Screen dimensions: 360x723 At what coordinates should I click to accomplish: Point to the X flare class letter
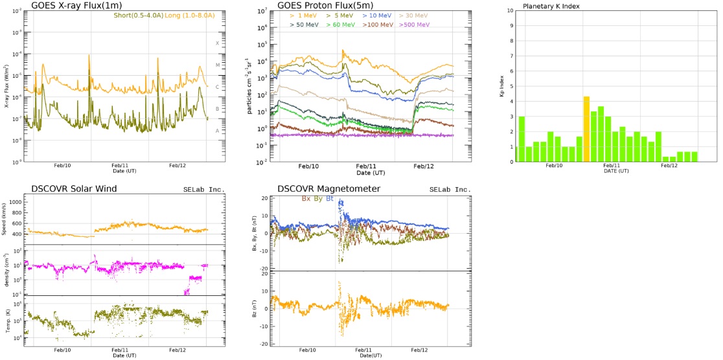(217, 43)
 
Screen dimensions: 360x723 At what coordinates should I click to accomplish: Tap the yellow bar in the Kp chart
(586, 129)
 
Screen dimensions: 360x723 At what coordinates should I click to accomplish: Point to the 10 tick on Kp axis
(511, 10)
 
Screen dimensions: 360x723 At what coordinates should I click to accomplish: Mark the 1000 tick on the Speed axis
(15, 201)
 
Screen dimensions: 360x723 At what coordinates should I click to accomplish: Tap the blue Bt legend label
(329, 198)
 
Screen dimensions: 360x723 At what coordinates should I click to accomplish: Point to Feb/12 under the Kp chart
(669, 166)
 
